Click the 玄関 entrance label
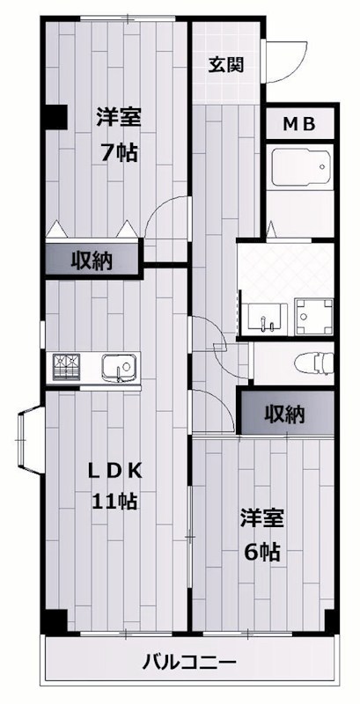point(226,63)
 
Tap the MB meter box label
point(298,125)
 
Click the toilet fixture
point(312,362)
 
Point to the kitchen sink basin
point(118,364)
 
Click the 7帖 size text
point(118,152)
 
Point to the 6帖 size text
point(261,552)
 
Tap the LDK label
point(117,471)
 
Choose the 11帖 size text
point(115,502)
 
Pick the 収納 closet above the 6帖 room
point(284,413)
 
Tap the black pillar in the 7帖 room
point(55,115)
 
